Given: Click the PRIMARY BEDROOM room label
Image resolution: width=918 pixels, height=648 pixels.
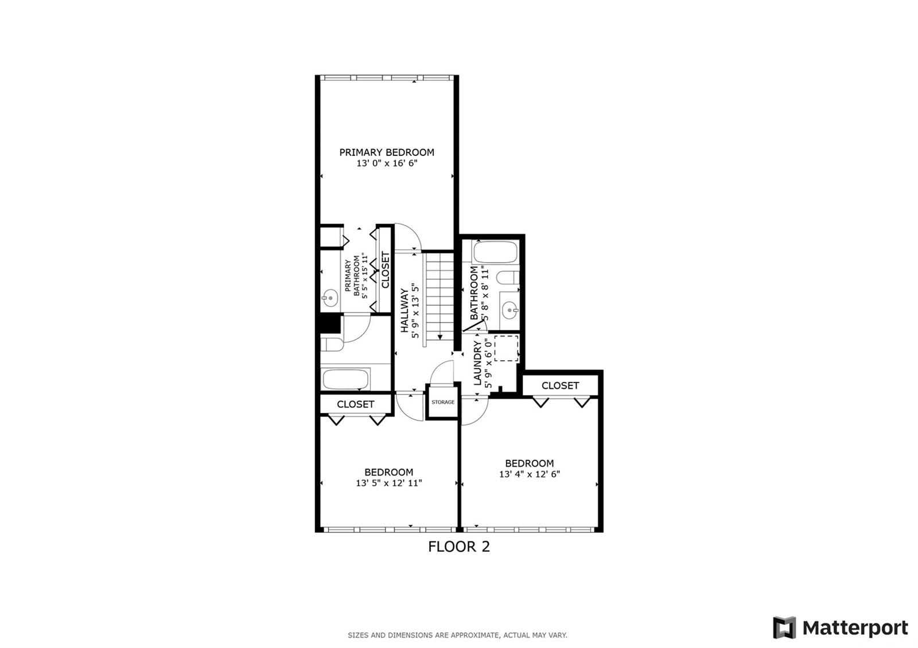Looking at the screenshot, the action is (x=387, y=153).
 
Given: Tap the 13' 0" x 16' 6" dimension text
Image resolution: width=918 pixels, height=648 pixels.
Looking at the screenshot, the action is (x=387, y=163).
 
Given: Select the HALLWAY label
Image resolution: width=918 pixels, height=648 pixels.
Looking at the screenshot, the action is (x=404, y=310).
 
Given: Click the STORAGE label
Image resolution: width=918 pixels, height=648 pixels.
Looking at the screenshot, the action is (x=442, y=402).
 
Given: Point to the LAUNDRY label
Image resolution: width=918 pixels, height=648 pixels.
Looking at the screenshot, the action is (x=477, y=364).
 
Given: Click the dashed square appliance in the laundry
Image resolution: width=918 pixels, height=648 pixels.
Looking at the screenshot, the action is (x=506, y=348).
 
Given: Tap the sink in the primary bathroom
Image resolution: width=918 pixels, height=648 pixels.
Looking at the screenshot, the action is (x=329, y=298).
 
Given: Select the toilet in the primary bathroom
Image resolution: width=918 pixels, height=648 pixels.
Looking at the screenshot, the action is (x=332, y=345).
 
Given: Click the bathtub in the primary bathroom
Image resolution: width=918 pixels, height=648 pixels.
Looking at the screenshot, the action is (x=345, y=379).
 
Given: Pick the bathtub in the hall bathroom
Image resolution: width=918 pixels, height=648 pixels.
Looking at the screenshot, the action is (x=495, y=252).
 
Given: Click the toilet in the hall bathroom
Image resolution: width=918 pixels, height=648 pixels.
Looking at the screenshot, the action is (x=508, y=278).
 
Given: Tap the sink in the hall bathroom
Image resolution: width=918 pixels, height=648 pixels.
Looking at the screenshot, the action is (x=510, y=310).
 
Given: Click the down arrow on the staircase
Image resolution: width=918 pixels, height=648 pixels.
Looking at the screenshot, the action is (x=439, y=337).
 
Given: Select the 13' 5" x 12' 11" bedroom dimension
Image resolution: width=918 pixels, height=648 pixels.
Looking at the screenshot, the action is (x=388, y=483).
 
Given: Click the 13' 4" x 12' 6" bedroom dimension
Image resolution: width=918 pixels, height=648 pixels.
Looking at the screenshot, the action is (x=530, y=474).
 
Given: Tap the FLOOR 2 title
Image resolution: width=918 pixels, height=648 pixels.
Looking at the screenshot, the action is (x=459, y=546).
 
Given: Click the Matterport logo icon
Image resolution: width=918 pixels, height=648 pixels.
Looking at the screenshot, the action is (x=784, y=627).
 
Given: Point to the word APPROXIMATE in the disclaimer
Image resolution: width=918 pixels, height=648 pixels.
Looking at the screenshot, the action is (x=475, y=635).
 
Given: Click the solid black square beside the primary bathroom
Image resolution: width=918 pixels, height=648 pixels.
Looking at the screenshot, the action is (x=330, y=323).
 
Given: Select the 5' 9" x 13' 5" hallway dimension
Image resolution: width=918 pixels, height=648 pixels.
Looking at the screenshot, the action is (x=415, y=310).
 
